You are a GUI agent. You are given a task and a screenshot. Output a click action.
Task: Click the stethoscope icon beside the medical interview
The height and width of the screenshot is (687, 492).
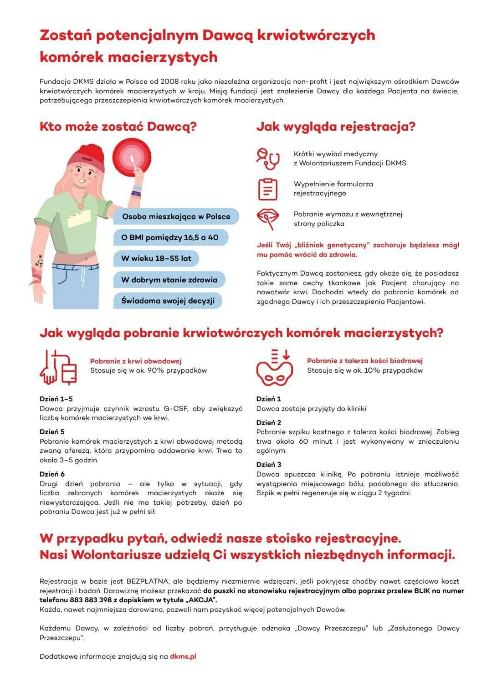(x=267, y=159)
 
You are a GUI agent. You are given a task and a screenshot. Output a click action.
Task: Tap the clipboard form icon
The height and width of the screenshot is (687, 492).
(x=267, y=189)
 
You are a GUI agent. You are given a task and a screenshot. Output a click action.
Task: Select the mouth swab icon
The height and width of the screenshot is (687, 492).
(x=267, y=219)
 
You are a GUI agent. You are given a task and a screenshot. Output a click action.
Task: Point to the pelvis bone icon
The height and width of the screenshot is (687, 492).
(x=274, y=368)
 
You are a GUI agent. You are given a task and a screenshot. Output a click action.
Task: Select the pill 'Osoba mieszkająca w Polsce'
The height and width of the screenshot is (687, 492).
(x=176, y=216)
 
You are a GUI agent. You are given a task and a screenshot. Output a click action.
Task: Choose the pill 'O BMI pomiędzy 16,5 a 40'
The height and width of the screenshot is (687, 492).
(x=170, y=237)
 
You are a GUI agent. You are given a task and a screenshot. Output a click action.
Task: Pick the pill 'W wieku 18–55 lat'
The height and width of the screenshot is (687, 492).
(x=156, y=258)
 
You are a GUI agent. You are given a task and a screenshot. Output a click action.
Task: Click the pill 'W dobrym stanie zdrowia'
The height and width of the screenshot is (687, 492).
(x=169, y=280)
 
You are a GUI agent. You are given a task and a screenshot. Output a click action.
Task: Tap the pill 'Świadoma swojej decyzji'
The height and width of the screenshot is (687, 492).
(x=168, y=301)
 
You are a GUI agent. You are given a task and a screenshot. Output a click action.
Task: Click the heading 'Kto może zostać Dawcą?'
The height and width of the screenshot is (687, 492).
(x=118, y=126)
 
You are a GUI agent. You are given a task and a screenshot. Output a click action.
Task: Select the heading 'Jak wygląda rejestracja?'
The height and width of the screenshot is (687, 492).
(x=336, y=126)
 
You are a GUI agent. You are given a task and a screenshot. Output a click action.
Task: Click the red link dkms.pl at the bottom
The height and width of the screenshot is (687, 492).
(x=183, y=656)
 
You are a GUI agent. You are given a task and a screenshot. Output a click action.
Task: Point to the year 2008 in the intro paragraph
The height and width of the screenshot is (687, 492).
(x=169, y=82)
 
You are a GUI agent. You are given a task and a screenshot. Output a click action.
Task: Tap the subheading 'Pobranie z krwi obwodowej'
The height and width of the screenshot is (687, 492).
(x=136, y=361)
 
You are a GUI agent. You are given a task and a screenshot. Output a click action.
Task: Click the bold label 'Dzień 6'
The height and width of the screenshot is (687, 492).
(x=52, y=474)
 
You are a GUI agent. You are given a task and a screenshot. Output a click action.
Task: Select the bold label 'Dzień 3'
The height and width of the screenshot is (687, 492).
(x=269, y=464)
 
